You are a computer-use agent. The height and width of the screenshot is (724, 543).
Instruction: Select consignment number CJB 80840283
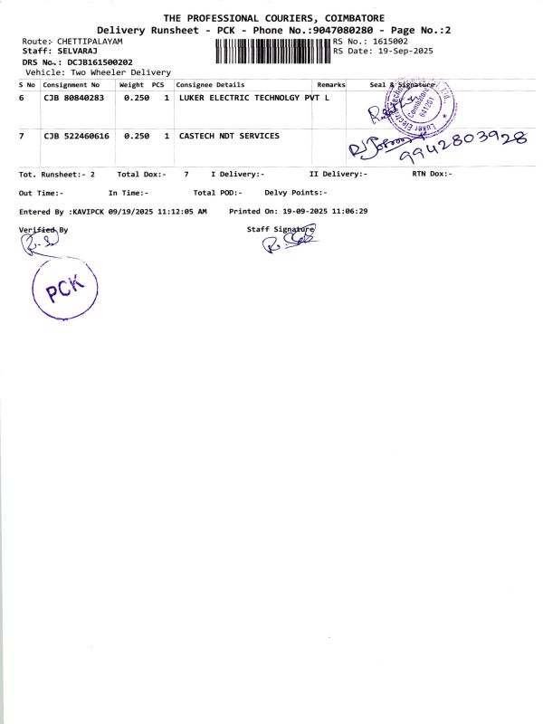point(73,98)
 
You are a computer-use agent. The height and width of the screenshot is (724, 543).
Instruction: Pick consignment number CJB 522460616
point(77,136)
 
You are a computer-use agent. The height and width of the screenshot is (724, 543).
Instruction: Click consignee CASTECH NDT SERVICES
point(229,136)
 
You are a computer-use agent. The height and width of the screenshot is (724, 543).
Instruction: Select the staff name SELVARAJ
point(77,52)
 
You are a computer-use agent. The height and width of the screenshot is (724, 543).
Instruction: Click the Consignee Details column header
point(210,84)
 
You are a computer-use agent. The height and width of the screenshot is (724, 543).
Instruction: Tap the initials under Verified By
point(43,243)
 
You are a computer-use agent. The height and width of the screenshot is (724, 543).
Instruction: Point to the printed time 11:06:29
point(349,211)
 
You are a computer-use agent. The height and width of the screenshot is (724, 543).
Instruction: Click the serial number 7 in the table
point(21,136)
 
